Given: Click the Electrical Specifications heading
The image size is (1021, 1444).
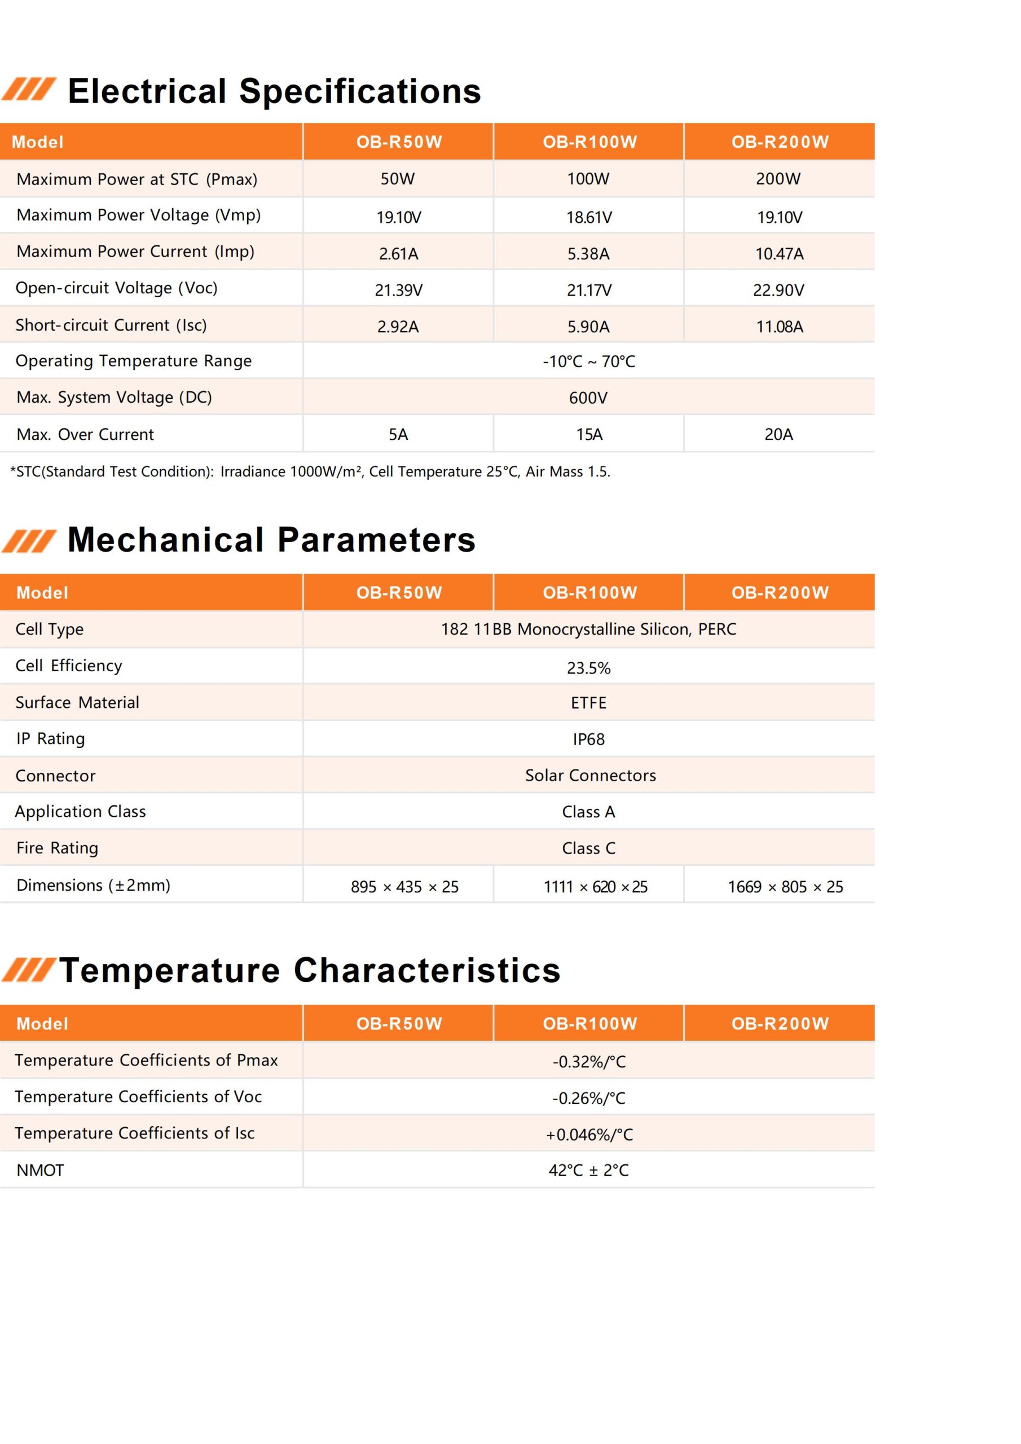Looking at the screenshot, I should pyautogui.click(x=274, y=91).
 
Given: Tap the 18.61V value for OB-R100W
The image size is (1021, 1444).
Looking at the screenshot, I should pyautogui.click(x=588, y=217).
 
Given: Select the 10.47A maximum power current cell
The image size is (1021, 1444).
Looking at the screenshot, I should pyautogui.click(x=779, y=253).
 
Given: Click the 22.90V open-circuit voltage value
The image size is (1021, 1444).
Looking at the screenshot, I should pyautogui.click(x=778, y=290).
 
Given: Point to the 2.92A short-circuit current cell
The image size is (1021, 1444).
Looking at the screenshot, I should pyautogui.click(x=398, y=327).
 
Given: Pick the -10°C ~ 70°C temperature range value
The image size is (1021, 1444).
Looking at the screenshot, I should pyautogui.click(x=588, y=362).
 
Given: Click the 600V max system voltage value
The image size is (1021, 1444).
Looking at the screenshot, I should pyautogui.click(x=588, y=398).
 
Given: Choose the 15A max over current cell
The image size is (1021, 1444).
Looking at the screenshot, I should pyautogui.click(x=589, y=434).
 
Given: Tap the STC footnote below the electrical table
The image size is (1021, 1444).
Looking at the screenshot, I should pyautogui.click(x=310, y=472).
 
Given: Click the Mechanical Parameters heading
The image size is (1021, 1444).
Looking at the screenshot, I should pyautogui.click(x=271, y=540).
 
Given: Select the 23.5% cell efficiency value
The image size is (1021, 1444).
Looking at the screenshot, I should pyautogui.click(x=588, y=668).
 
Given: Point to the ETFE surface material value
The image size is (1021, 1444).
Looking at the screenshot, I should pyautogui.click(x=588, y=703).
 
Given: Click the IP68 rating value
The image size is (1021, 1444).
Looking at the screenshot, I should pyautogui.click(x=588, y=739).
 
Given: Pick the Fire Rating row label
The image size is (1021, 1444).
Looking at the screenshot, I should pyautogui.click(x=57, y=848).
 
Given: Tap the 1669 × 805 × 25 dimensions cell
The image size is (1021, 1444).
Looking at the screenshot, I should pyautogui.click(x=785, y=887).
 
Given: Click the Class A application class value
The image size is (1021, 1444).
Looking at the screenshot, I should pyautogui.click(x=588, y=812).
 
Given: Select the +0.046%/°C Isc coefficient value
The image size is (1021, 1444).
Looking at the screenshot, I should pyautogui.click(x=589, y=1134).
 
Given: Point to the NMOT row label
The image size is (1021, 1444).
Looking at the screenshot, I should pyautogui.click(x=40, y=1170).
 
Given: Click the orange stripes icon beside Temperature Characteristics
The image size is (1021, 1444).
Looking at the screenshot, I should pyautogui.click(x=28, y=970).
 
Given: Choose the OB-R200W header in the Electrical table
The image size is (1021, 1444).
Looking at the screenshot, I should pyautogui.click(x=780, y=142).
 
